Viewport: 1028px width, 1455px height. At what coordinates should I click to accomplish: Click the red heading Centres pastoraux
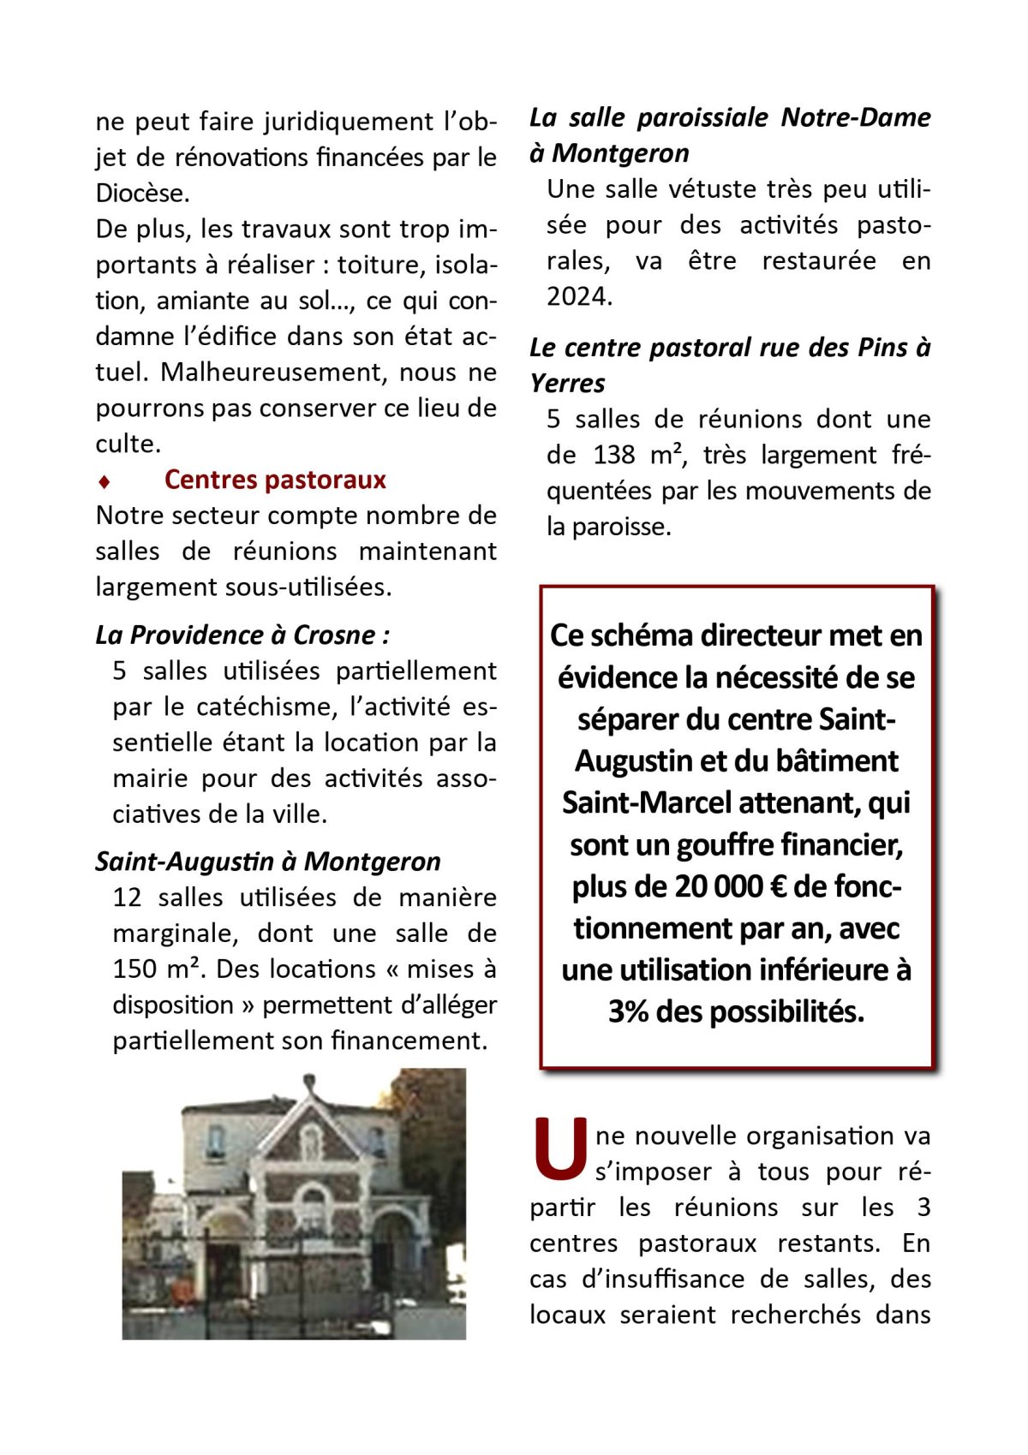click(275, 480)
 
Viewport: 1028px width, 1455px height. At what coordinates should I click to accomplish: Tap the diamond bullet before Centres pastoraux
click(104, 481)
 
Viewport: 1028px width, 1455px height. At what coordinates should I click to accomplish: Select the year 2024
click(579, 296)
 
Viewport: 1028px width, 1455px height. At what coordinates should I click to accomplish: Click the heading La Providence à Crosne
click(242, 635)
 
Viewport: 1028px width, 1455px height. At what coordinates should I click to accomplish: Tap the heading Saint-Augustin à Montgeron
click(268, 861)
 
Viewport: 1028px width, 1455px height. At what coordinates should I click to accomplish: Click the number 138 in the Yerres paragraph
click(614, 455)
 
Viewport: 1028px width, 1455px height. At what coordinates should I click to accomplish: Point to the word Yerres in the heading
click(567, 383)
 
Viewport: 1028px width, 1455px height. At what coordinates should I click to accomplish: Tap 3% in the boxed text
click(629, 1011)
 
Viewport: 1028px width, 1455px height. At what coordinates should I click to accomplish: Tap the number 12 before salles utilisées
click(127, 897)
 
